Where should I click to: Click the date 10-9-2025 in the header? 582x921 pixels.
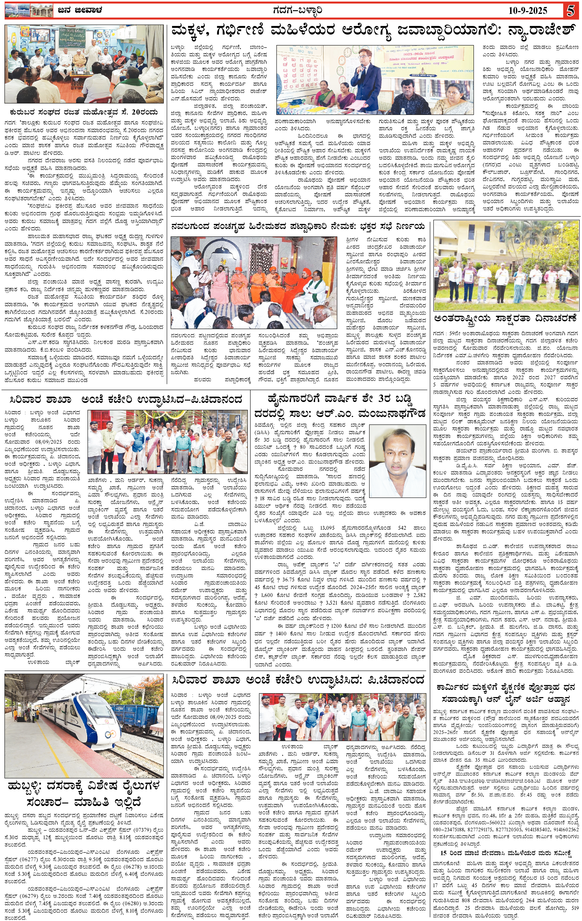[528, 11]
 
